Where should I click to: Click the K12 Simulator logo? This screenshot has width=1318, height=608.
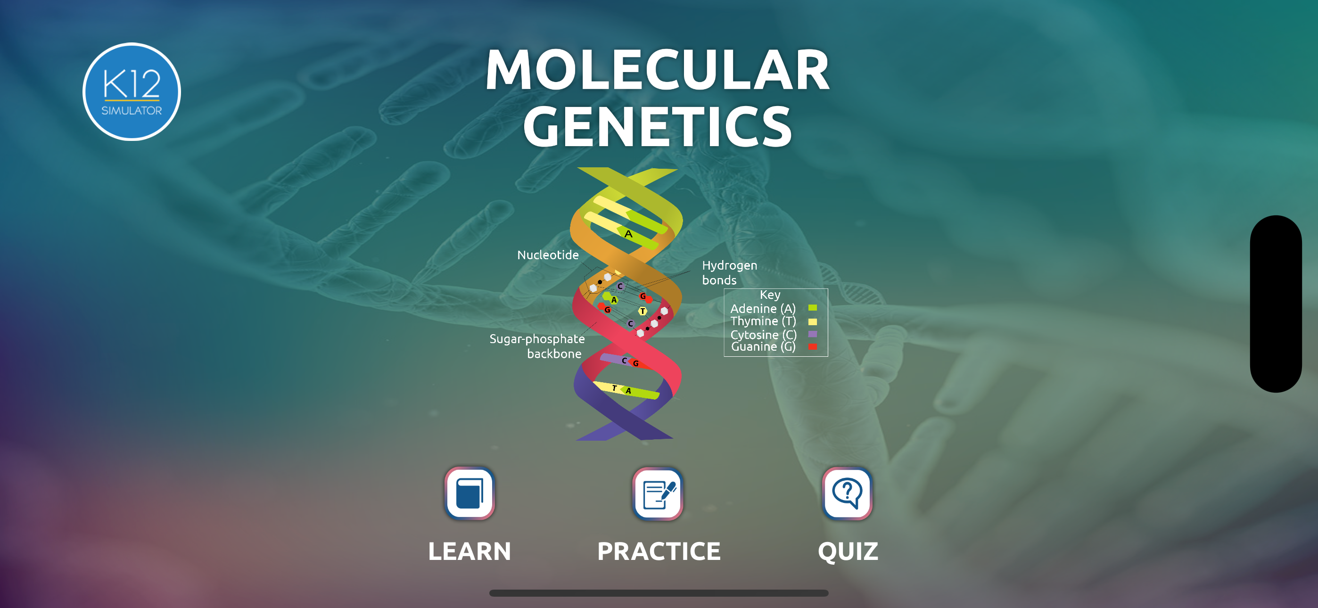tap(132, 91)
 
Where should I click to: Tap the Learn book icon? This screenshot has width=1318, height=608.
tap(469, 493)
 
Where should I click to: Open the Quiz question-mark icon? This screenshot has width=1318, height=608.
tap(847, 493)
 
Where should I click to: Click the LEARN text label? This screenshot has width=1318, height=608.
tap(469, 551)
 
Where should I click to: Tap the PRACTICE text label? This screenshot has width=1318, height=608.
tap(659, 551)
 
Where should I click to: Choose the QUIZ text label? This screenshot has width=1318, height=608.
tap(848, 551)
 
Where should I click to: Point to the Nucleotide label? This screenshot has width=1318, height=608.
tap(547, 255)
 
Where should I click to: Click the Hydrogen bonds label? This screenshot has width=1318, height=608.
tap(729, 272)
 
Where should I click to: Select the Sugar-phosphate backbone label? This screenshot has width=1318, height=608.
tap(537, 346)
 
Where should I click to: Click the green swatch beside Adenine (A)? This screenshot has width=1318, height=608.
tap(813, 308)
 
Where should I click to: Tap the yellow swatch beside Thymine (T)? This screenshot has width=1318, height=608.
tap(813, 321)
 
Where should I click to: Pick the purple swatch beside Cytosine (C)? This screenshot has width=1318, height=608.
tap(813, 334)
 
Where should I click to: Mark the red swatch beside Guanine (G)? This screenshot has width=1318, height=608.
tap(813, 347)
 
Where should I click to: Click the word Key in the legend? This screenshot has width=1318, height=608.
tap(770, 295)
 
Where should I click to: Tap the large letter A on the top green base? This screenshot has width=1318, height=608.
tap(628, 234)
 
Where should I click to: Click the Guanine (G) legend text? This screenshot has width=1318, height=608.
tap(763, 347)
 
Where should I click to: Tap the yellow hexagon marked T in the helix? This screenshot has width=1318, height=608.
tap(643, 311)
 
